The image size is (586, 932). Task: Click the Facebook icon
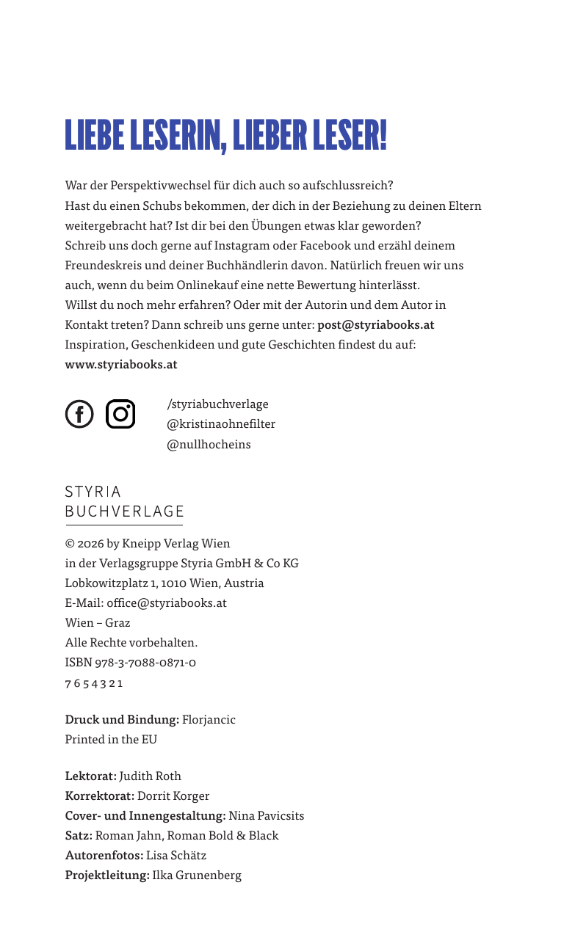[x=80, y=414]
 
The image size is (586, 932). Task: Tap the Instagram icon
[x=120, y=414]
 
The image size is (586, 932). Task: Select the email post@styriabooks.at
[x=375, y=324]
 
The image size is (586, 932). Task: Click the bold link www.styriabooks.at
[x=121, y=364]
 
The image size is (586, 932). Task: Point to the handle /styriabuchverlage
[x=218, y=404]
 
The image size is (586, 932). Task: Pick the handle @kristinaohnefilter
[x=221, y=424]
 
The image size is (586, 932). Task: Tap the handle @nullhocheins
[x=209, y=444]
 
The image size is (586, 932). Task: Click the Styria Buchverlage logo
[x=124, y=503]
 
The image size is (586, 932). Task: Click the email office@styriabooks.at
[x=167, y=603]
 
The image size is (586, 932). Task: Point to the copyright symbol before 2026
[x=70, y=544]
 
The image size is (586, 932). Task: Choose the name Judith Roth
[x=150, y=776]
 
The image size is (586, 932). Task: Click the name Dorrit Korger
[x=173, y=796]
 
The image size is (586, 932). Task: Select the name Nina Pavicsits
[x=266, y=816]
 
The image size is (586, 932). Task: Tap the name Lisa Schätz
[x=176, y=856]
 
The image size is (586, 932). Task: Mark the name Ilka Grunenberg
[x=197, y=875]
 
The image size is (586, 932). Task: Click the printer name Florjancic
[x=209, y=720]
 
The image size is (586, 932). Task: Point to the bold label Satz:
[x=79, y=836]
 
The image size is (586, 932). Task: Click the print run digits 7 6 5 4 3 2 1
[x=94, y=683]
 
